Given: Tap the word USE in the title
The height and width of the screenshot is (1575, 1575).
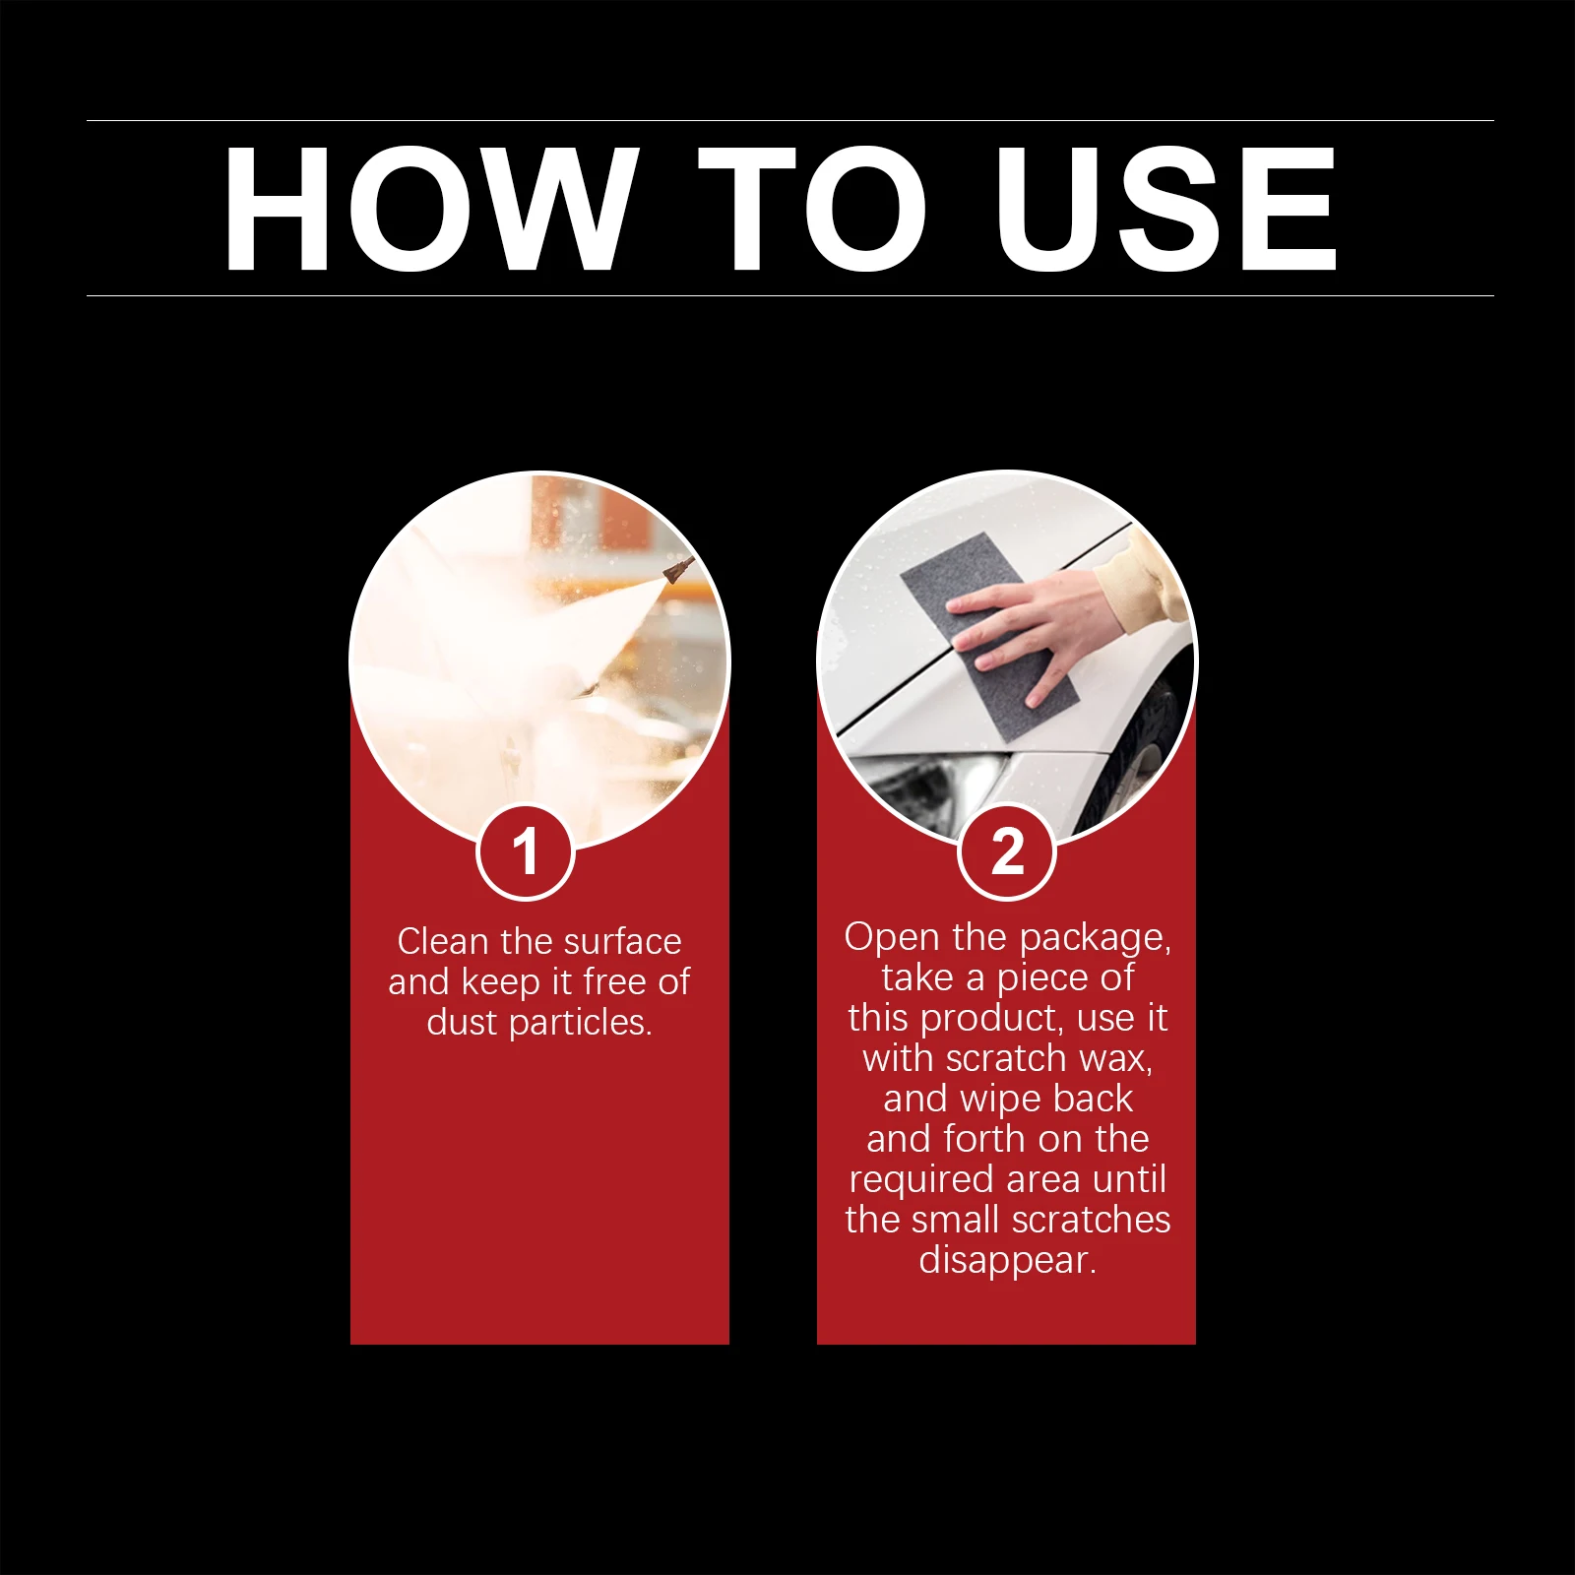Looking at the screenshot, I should coord(1165,208).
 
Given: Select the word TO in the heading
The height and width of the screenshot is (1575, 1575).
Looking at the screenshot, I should coord(812,208).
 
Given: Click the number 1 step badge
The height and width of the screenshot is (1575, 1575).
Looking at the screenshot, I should coord(525,851).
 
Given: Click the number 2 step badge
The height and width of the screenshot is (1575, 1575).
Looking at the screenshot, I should coord(1007,851).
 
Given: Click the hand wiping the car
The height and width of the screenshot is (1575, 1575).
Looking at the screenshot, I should coord(1039,630).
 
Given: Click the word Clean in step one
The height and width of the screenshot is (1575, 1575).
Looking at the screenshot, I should coord(442,942).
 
